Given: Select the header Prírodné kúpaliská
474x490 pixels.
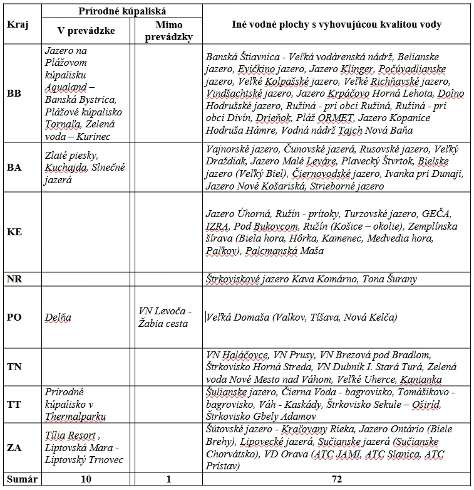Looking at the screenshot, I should (x=122, y=11).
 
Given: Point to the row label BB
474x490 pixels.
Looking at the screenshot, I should (x=14, y=93).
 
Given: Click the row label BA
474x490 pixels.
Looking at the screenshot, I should (x=14, y=168).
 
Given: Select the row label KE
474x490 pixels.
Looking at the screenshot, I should (x=14, y=232).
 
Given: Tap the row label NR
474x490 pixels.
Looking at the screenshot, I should (x=14, y=278).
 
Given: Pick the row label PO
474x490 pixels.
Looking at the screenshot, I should (x=14, y=317).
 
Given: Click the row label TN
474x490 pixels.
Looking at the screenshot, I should (x=14, y=366).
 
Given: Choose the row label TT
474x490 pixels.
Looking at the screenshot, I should (x=14, y=404).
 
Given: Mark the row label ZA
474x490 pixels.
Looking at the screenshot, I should (x=14, y=447).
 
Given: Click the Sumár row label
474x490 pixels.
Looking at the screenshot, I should (x=21, y=479).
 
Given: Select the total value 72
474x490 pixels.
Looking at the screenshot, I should (x=336, y=479).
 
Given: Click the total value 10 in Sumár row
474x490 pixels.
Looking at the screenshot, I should (x=86, y=479).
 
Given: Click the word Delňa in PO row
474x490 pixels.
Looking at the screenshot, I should (x=58, y=317).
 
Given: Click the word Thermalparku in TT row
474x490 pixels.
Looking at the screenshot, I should (x=75, y=416).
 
